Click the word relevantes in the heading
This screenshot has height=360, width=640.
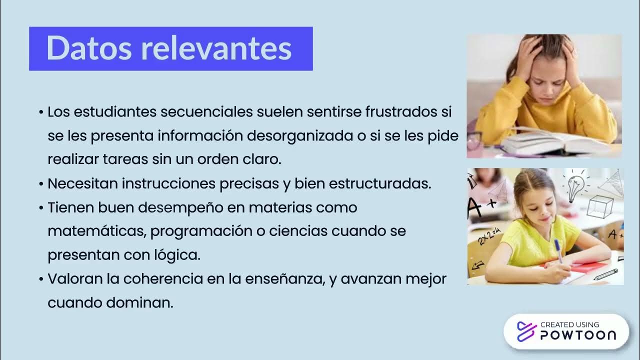tap(216, 48)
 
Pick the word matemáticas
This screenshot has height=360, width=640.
tap(96, 231)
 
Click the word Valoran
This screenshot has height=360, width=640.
tap(75, 279)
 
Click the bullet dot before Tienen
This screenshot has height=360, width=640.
tap(41, 208)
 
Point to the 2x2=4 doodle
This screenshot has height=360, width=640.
tap(489, 236)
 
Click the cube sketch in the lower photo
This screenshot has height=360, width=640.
tap(599, 205)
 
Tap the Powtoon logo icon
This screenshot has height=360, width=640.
tap(525, 331)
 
